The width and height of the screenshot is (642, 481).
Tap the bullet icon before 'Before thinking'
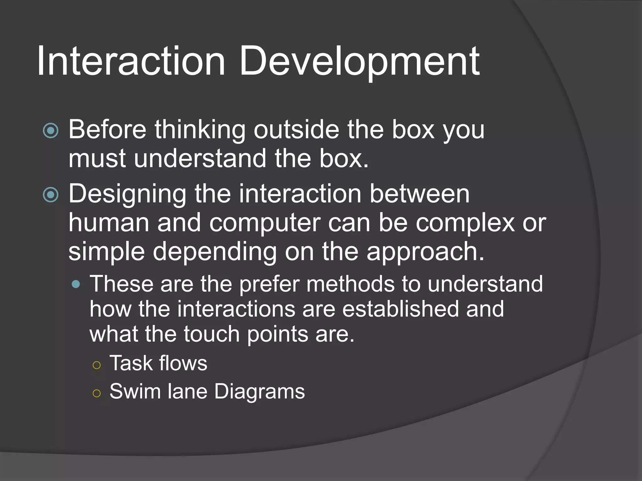click(51, 131)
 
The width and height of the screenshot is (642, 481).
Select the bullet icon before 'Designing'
click(51, 195)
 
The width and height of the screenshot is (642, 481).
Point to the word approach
click(425, 252)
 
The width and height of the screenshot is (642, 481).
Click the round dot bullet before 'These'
click(76, 284)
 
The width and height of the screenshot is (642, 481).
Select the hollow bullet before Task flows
click(97, 365)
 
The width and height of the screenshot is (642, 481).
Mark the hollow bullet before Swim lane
click(97, 393)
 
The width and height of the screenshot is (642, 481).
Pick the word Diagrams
click(260, 392)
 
